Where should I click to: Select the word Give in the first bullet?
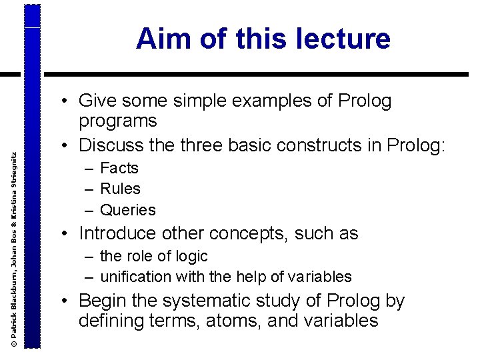pyautogui.click(x=97, y=101)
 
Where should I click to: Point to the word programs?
pyautogui.click(x=117, y=121)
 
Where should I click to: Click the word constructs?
pyautogui.click(x=317, y=144)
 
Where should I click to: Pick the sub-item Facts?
pyautogui.click(x=119, y=168)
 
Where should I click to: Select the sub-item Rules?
pyautogui.click(x=120, y=189)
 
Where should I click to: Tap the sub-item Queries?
pyautogui.click(x=127, y=210)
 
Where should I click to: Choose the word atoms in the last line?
pyautogui.click(x=235, y=321)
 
